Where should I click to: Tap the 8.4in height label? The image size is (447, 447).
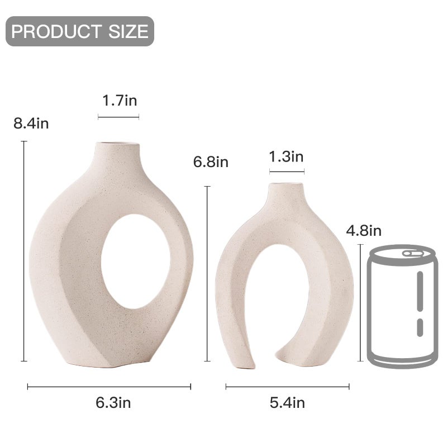[x=31, y=123]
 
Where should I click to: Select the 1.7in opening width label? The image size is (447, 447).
[x=119, y=101]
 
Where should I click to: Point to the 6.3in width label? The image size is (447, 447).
[x=113, y=402]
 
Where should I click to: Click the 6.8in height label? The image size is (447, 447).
[x=211, y=163]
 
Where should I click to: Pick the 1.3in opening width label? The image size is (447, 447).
[x=286, y=156]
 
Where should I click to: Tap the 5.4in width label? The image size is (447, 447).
[x=287, y=402]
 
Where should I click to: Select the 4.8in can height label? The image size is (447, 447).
[x=364, y=230]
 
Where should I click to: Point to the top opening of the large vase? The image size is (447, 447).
[x=118, y=145]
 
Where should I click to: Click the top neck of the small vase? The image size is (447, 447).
[x=286, y=193]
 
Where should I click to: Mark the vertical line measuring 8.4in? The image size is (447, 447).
[x=24, y=251]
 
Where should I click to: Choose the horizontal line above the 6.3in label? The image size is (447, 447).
[x=110, y=386]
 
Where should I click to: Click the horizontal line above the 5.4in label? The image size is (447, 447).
[x=287, y=386]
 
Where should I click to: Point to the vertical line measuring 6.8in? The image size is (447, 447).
[x=208, y=274]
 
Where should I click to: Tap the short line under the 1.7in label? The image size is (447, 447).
[x=118, y=117]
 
